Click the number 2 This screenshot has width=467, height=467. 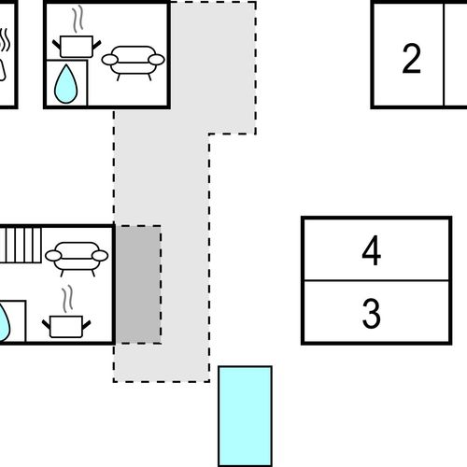pyautogui.click(x=411, y=59)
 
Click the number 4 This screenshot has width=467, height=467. pyautogui.click(x=372, y=250)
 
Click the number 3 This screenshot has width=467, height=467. pyautogui.click(x=371, y=313)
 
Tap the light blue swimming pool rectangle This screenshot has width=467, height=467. pyautogui.click(x=245, y=417)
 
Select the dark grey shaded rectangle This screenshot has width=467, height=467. pyautogui.click(x=138, y=284)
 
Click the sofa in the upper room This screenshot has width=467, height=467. pyautogui.click(x=134, y=64)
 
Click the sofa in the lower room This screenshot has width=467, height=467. pyautogui.click(x=77, y=259)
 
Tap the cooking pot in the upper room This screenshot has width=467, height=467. pyautogui.click(x=77, y=47)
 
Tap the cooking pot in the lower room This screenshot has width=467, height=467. pyautogui.click(x=66, y=327)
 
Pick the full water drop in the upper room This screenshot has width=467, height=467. pyautogui.click(x=65, y=84)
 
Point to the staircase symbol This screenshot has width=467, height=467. pyautogui.click(x=21, y=245)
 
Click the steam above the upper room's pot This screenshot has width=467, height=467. pyautogui.click(x=78, y=19)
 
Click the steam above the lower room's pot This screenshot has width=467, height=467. pyautogui.click(x=67, y=299)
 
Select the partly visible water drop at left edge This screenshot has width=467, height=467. pyautogui.click(x=5, y=323)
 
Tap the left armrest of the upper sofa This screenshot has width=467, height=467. pyautogui.click(x=110, y=60)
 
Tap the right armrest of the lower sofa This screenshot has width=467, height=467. pyautogui.click(x=100, y=256)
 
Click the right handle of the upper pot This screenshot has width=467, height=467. pyautogui.click(x=97, y=45)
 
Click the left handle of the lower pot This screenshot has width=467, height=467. pyautogui.click(x=47, y=324)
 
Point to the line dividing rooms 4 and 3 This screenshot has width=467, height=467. pyautogui.click(x=376, y=281)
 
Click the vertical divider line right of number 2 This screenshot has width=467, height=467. pyautogui.click(x=444, y=55)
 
